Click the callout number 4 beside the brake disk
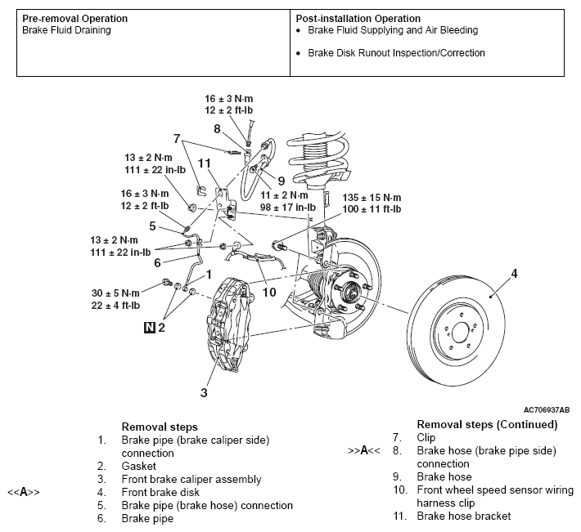tap(514, 274)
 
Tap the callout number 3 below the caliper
tap(204, 392)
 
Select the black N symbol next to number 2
tap(149, 328)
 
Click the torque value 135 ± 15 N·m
tap(372, 198)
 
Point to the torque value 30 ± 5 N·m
tap(115, 293)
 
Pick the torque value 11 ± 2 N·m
tap(284, 195)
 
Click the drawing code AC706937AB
tap(547, 410)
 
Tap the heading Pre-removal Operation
tap(74, 19)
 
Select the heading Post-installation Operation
tap(358, 19)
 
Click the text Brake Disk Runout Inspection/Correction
tap(396, 53)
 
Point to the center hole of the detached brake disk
tap(460, 333)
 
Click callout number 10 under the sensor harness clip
tap(269, 293)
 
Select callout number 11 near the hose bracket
tap(204, 163)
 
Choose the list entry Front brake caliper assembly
tap(191, 480)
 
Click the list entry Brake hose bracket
tap(463, 516)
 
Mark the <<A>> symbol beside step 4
tap(24, 493)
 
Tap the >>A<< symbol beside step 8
tap(364, 450)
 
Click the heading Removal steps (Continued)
tap(487, 424)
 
